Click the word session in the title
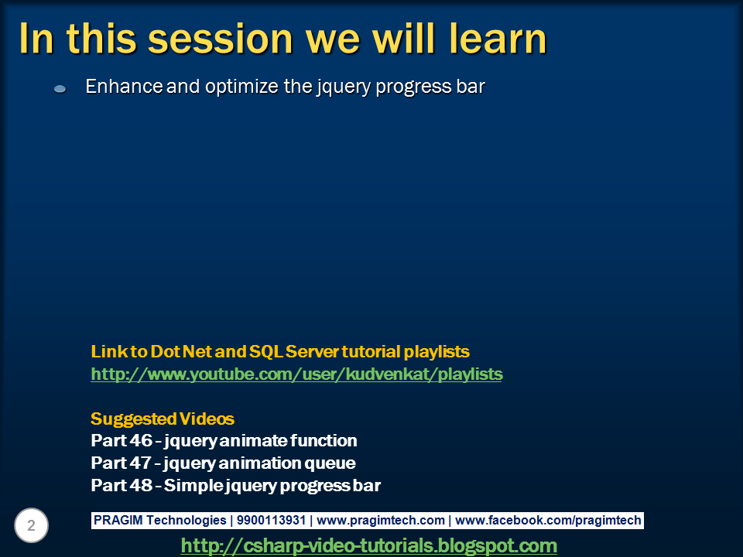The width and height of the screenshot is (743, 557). click(x=221, y=39)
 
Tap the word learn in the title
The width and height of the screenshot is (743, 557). click(x=498, y=38)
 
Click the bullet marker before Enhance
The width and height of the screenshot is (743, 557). click(x=60, y=88)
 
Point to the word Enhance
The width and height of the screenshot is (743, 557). click(x=125, y=87)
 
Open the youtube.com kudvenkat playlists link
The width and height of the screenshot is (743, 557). click(x=296, y=374)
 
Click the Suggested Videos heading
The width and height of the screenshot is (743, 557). click(x=163, y=419)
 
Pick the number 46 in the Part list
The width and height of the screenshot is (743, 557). click(x=141, y=440)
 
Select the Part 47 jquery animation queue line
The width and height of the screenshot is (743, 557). click(x=223, y=463)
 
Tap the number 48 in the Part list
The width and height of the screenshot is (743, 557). click(x=141, y=486)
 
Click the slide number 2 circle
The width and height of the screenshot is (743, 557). click(x=31, y=525)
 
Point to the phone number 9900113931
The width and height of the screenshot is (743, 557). click(x=271, y=520)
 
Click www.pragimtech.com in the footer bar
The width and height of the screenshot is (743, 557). click(x=381, y=521)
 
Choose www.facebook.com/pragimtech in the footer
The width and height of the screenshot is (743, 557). click(x=548, y=521)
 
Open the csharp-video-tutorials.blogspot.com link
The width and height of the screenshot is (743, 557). click(x=368, y=545)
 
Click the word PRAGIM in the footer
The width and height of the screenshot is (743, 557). click(x=118, y=520)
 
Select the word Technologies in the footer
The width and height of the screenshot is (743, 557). click(x=187, y=521)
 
